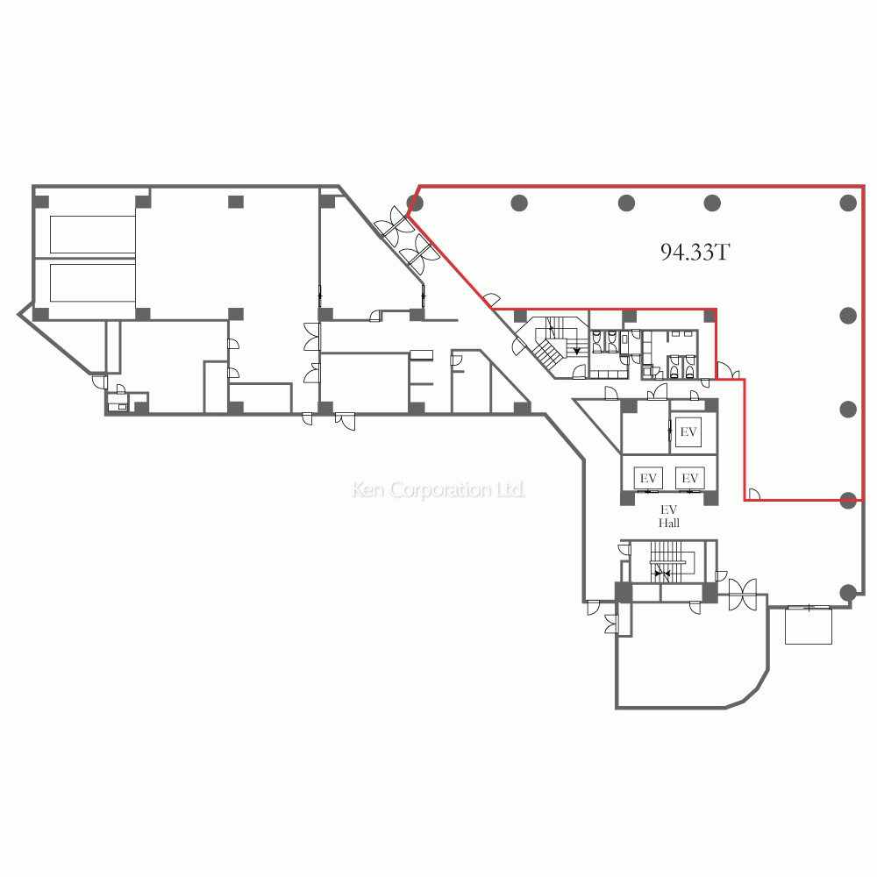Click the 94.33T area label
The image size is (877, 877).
[695, 253]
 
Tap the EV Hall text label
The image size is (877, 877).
[669, 517]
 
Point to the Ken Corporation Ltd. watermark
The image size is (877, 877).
[438, 489]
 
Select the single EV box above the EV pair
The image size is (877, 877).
[688, 431]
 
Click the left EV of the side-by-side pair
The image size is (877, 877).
[648, 478]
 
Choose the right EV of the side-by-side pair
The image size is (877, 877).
[689, 478]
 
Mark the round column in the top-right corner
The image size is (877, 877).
[848, 203]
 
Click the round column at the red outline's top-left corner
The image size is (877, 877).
[415, 202]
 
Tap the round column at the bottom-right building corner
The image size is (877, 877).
[848, 592]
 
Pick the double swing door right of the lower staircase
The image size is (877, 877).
[743, 595]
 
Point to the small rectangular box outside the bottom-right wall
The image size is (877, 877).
[809, 624]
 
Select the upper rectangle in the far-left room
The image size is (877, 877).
[92, 235]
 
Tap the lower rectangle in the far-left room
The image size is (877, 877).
[92, 283]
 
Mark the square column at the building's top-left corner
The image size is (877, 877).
[41, 202]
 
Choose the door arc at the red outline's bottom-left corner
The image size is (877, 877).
[753, 494]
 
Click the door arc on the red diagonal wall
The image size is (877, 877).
[491, 301]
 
